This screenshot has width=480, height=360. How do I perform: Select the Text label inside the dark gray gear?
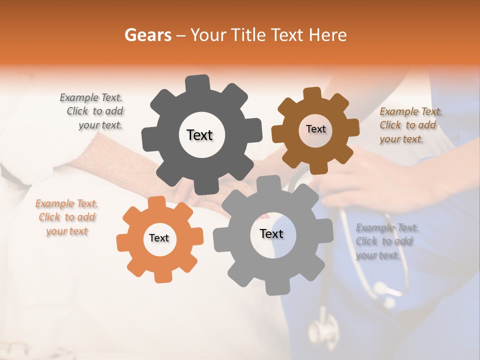(x=199, y=135)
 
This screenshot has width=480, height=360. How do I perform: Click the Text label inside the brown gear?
(x=315, y=129)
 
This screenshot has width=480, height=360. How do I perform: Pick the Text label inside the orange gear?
(x=159, y=238)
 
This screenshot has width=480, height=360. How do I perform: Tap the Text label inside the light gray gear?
(x=271, y=233)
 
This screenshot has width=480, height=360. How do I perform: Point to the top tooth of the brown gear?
(x=312, y=94)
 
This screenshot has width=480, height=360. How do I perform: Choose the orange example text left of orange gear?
(x=66, y=217)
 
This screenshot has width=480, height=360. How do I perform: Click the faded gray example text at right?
(x=386, y=241)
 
